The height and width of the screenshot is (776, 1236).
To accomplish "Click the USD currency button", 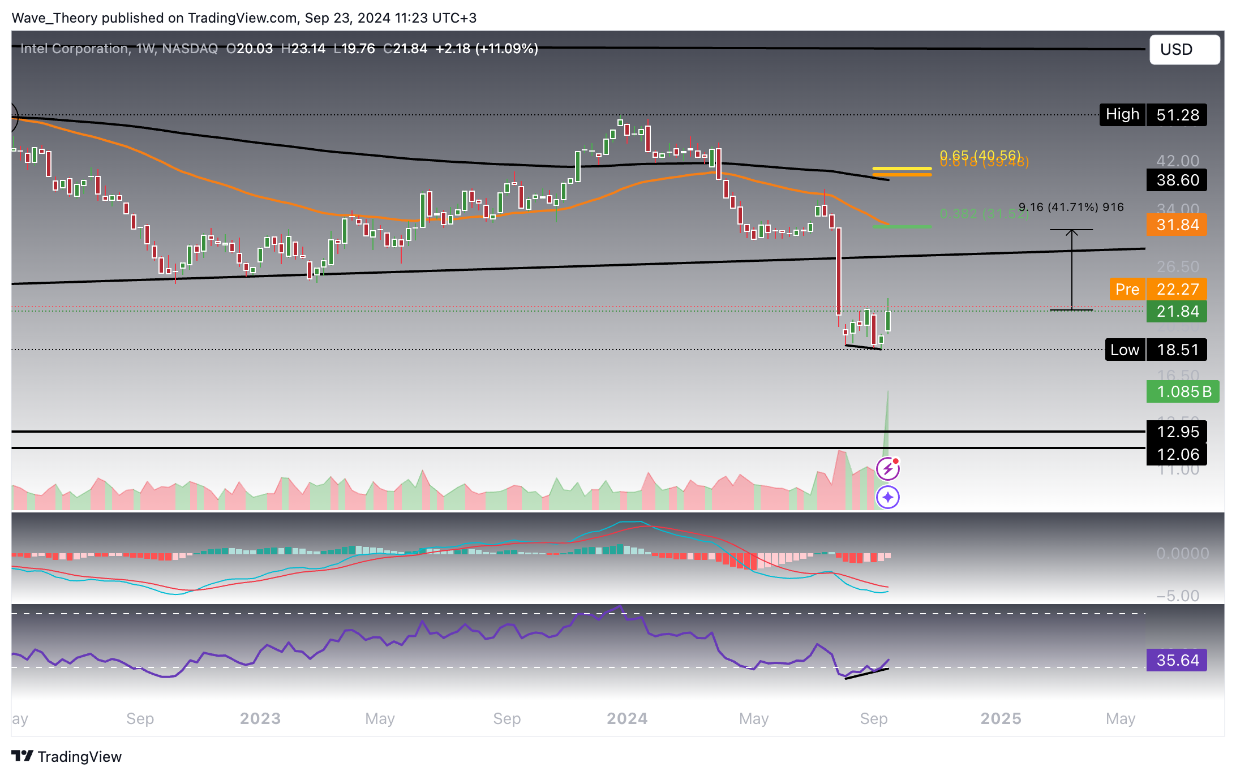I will [1184, 50].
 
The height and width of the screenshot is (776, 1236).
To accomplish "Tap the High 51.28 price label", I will [1152, 115].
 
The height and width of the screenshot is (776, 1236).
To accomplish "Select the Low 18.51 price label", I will [1155, 350].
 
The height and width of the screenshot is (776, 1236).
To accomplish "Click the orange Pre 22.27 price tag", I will [1158, 289].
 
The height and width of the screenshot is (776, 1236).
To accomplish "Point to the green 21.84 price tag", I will [1177, 311].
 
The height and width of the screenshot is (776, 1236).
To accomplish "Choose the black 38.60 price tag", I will [1177, 180].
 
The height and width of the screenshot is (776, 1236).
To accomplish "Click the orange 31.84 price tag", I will [1177, 225].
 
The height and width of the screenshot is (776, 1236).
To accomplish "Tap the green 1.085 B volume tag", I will [1182, 391].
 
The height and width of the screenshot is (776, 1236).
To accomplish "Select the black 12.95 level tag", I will [1177, 432].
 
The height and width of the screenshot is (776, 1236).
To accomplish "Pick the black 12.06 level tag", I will [1177, 454].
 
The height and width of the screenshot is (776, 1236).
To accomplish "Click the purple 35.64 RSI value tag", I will [1177, 660].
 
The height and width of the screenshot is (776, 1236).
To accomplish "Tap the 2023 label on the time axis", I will [260, 718].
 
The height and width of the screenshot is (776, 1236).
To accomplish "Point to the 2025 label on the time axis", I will [1001, 718].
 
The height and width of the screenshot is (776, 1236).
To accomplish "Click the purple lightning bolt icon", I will [887, 469].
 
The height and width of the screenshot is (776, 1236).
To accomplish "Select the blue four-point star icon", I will [887, 497].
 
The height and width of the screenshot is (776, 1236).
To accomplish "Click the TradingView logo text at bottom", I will [67, 757].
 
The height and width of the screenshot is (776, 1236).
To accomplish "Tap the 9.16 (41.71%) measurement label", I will [1071, 207].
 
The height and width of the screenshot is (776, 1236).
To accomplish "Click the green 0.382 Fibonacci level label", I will [984, 214].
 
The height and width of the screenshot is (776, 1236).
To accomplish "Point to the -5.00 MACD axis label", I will [1177, 596].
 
